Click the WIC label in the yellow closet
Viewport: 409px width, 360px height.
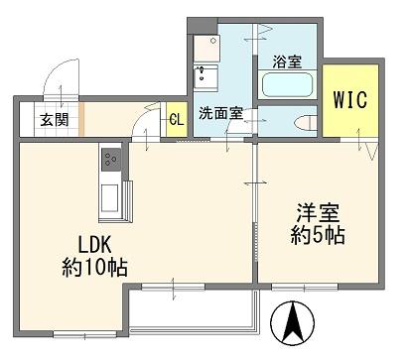tap(350, 99)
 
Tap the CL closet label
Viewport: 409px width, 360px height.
tap(177, 119)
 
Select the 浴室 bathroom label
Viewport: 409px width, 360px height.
tap(287, 61)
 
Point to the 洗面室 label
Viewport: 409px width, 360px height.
tap(220, 113)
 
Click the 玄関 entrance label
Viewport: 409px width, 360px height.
tap(55, 120)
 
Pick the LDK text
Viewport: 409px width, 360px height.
tap(94, 245)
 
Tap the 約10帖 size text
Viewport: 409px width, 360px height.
tap(95, 267)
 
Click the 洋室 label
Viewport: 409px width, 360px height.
tap(318, 213)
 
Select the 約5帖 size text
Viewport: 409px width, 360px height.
tap(318, 235)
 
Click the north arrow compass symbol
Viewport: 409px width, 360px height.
tap(293, 323)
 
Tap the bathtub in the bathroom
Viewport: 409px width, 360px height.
tap(287, 84)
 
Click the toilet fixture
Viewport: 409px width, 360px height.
tap(306, 123)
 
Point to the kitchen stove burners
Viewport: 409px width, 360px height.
tap(110, 160)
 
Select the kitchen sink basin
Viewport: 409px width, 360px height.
tap(110, 198)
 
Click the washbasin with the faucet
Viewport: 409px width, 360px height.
tap(205, 78)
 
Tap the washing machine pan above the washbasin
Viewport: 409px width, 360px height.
tap(206, 49)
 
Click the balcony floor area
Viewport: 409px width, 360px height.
tap(192, 309)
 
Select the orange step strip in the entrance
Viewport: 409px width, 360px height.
tap(81, 119)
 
